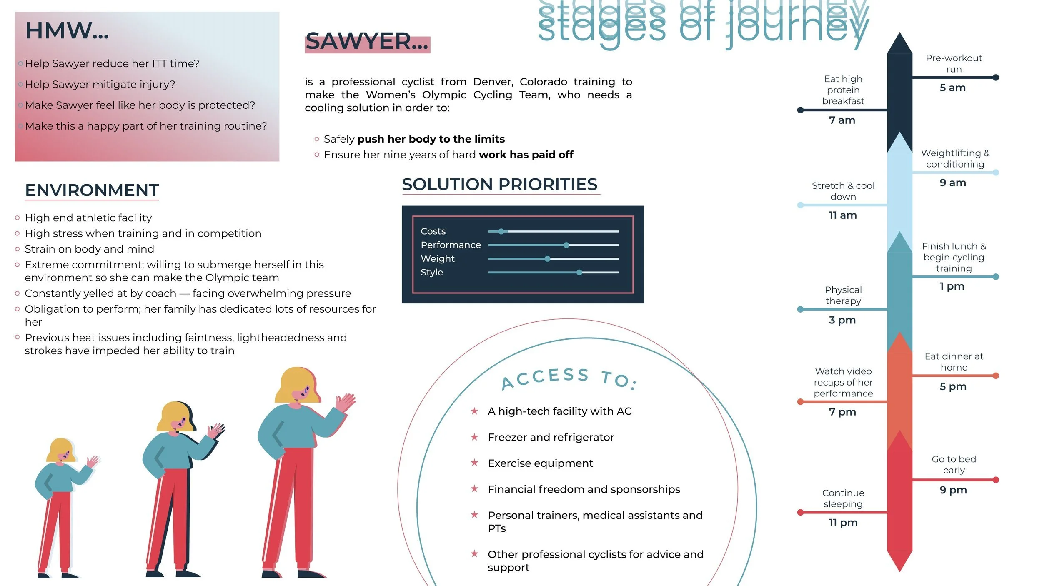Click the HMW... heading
pyautogui.click(x=67, y=31)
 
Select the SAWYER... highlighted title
pyautogui.click(x=367, y=42)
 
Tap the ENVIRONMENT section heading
pyautogui.click(x=92, y=190)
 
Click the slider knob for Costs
pyautogui.click(x=501, y=231)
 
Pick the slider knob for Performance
pyautogui.click(x=566, y=245)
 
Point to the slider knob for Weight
pyautogui.click(x=547, y=259)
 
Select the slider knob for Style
pyautogui.click(x=579, y=273)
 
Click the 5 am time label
pyautogui.click(x=952, y=88)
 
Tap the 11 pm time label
pyautogui.click(x=843, y=523)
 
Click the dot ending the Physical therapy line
pyautogui.click(x=800, y=309)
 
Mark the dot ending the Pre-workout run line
pyautogui.click(x=996, y=78)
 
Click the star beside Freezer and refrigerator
pyautogui.click(x=474, y=437)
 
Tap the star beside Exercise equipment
pyautogui.click(x=474, y=463)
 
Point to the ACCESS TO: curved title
pyautogui.click(x=569, y=378)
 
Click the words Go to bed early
pyautogui.click(x=954, y=465)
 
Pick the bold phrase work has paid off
pyautogui.click(x=526, y=155)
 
